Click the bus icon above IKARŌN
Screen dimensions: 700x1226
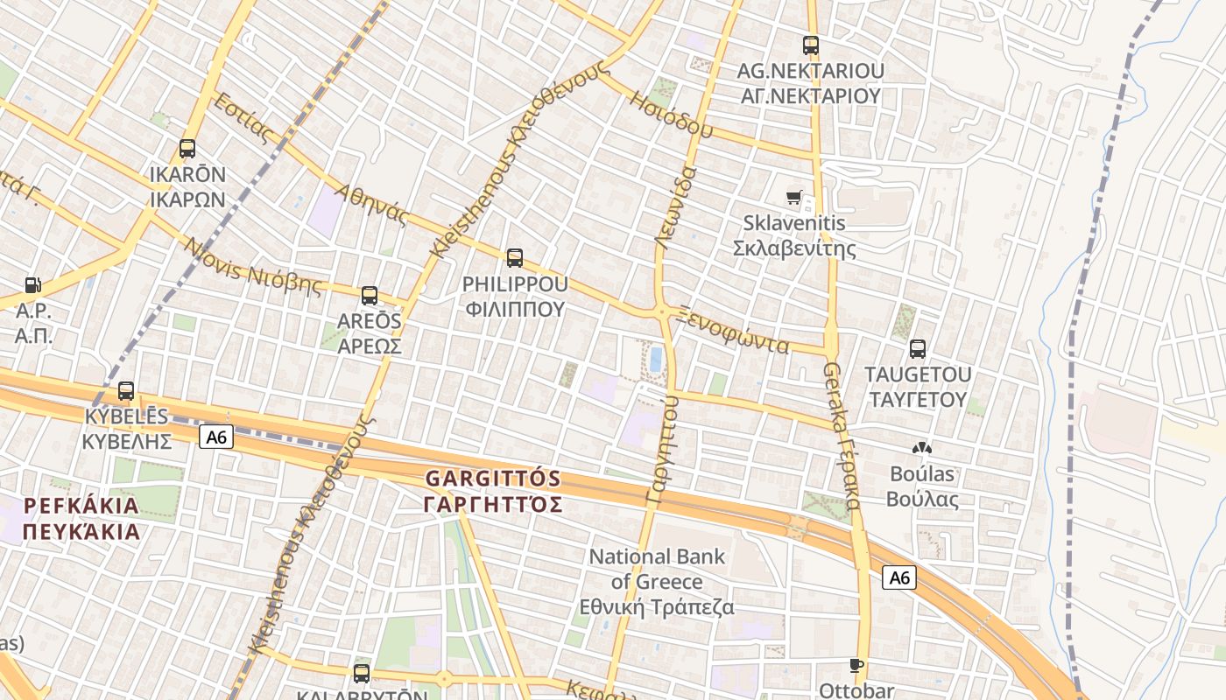(x=187, y=149)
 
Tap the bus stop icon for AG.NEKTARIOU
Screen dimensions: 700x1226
(x=811, y=45)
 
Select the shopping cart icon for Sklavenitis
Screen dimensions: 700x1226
(x=794, y=198)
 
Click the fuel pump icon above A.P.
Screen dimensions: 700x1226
(x=33, y=284)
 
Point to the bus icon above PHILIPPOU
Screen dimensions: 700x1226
(x=515, y=258)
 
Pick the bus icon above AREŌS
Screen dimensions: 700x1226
(x=370, y=296)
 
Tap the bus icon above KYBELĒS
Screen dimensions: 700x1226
(x=126, y=391)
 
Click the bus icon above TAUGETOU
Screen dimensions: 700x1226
(x=918, y=349)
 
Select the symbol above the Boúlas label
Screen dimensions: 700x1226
(x=921, y=449)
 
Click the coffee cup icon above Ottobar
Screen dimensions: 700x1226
(x=856, y=665)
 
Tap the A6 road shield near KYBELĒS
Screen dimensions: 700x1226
(x=216, y=437)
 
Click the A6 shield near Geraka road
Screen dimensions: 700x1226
(x=898, y=577)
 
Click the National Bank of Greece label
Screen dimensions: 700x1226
(x=657, y=582)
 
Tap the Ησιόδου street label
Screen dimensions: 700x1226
(x=671, y=113)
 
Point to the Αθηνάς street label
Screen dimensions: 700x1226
(x=372, y=204)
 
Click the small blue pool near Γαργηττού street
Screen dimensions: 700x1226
(x=655, y=359)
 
